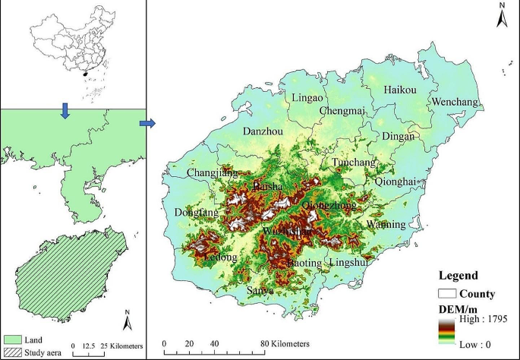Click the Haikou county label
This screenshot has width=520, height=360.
pos(400,90)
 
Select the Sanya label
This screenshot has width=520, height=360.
pos(260,291)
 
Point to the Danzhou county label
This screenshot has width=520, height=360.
pos(263,131)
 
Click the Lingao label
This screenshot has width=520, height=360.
pos(307,98)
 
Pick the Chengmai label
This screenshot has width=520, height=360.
pos(342,111)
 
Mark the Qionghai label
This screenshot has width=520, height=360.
pos(396,182)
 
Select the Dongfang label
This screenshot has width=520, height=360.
pos(195,213)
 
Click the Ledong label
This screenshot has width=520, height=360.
pos(221,257)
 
